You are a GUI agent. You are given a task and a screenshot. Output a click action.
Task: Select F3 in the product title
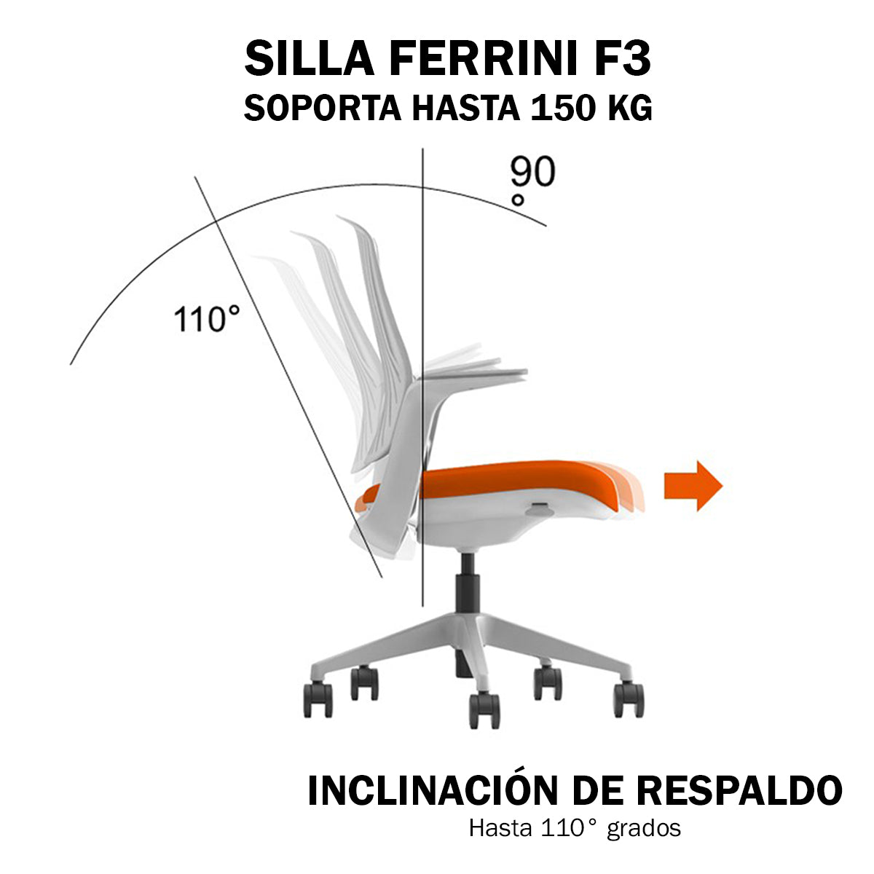619,59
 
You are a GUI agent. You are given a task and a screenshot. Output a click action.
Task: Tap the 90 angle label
532,172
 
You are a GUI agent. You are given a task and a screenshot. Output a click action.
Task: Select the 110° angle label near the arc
207,319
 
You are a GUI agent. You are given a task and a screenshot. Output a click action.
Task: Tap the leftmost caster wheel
318,699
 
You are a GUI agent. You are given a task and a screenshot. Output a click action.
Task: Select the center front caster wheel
484,710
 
